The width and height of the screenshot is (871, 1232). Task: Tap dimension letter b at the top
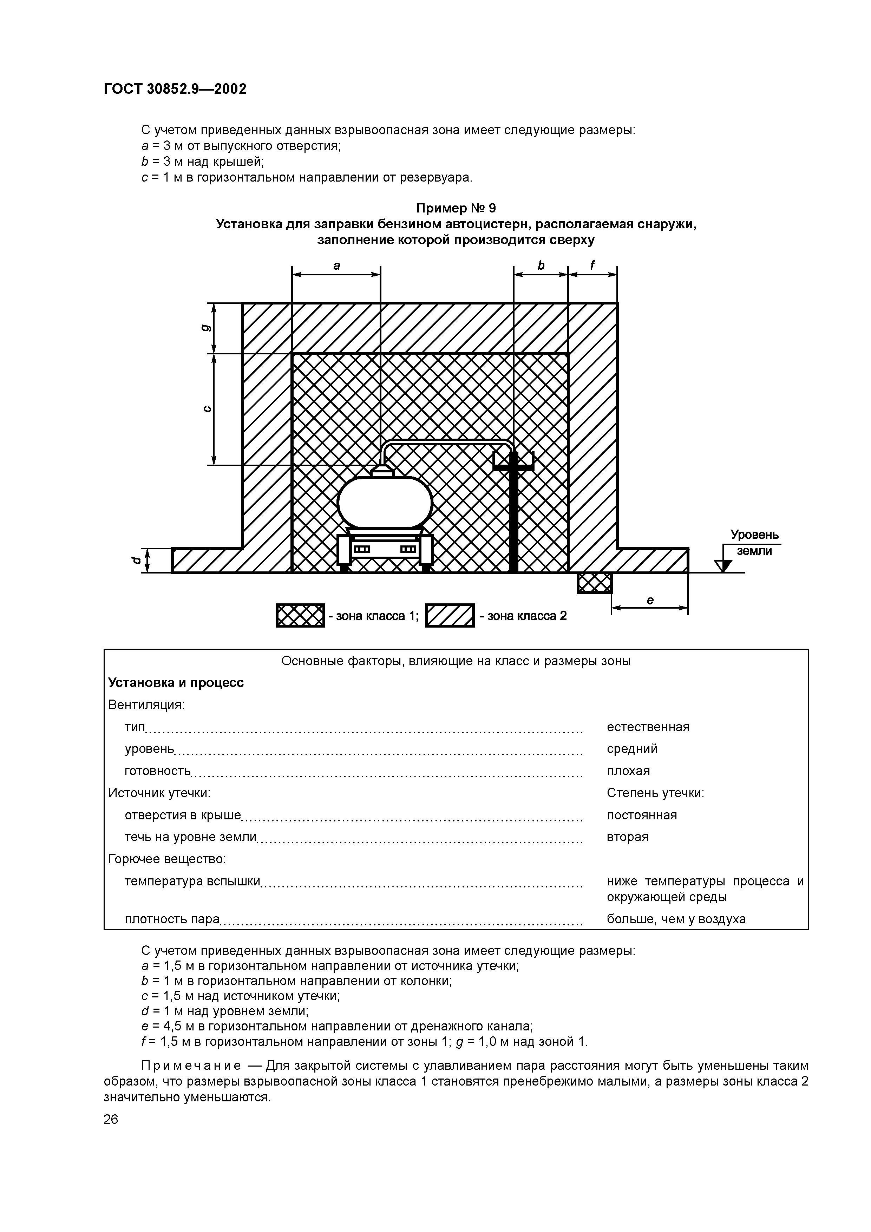[x=541, y=265]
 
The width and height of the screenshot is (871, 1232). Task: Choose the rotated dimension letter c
[x=205, y=409]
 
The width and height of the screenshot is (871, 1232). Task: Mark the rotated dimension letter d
[x=136, y=560]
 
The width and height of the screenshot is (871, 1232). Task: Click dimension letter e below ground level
[x=650, y=601]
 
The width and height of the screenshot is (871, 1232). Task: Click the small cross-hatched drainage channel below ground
[x=594, y=583]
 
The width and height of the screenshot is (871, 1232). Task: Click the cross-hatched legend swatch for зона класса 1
[x=300, y=615]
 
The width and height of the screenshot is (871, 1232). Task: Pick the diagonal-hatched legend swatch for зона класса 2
[x=450, y=615]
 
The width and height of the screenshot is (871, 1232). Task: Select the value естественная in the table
[x=648, y=727]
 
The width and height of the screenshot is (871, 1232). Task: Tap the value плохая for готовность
[x=628, y=771]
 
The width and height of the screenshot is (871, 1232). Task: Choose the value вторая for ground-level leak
[x=627, y=837]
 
